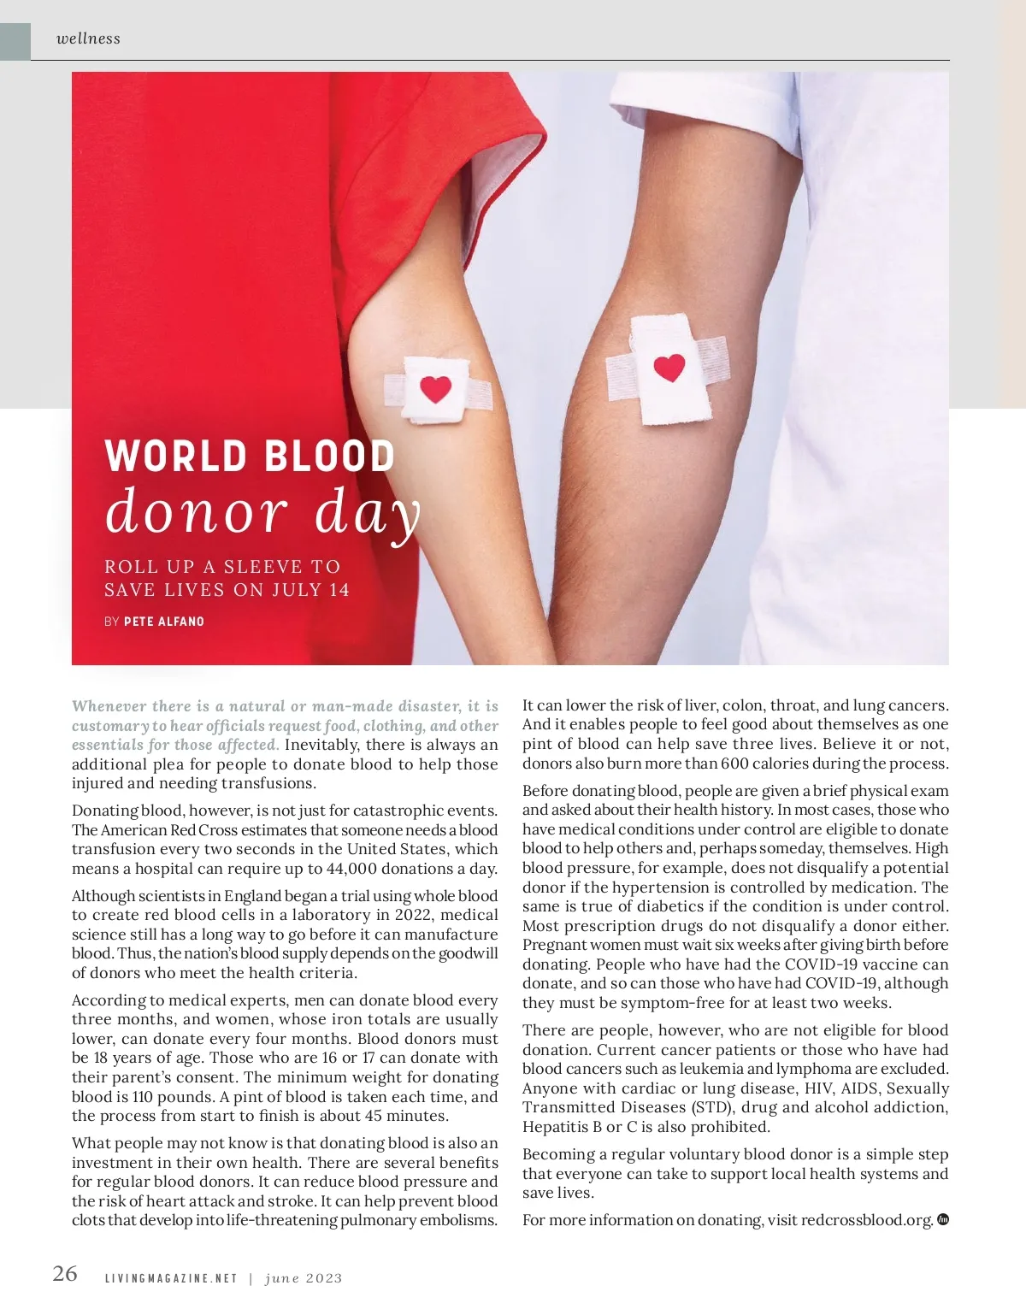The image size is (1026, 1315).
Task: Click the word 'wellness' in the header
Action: [x=88, y=38]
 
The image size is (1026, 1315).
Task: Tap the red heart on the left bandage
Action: [x=436, y=389]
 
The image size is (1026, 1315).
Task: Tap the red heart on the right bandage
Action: [x=669, y=368]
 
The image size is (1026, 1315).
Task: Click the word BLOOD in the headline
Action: [x=328, y=456]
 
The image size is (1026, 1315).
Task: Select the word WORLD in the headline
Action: [x=176, y=456]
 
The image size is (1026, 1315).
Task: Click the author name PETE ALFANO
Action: [x=164, y=622]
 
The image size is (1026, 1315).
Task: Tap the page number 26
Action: [x=65, y=1274]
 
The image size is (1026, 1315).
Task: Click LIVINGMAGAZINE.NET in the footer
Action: [x=170, y=1279]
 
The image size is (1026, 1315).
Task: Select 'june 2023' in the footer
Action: [x=304, y=1279]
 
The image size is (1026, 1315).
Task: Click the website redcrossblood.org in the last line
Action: [x=866, y=1220]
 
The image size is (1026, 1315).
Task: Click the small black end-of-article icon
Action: [x=943, y=1219]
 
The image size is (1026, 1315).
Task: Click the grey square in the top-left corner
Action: [x=15, y=41]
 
